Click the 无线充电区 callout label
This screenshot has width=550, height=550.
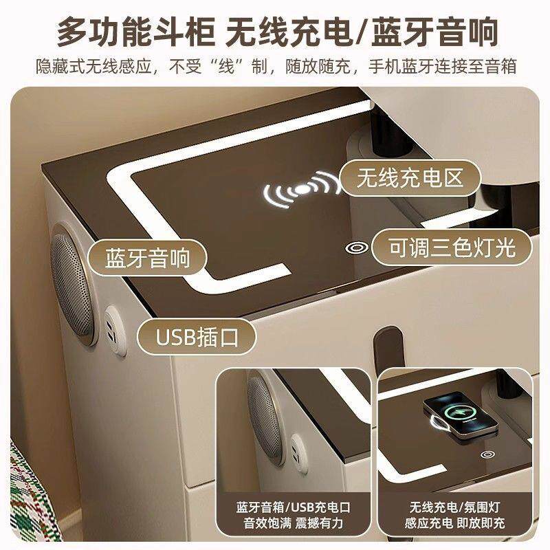pyautogui.click(x=410, y=178)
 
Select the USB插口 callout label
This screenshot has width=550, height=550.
pyautogui.click(x=197, y=337)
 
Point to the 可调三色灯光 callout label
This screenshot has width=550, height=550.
pyautogui.click(x=452, y=247)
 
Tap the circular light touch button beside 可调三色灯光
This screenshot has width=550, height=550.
pyautogui.click(x=356, y=248)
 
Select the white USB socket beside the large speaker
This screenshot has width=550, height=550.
pyautogui.click(x=115, y=331)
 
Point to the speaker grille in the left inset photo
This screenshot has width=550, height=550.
pyautogui.click(x=265, y=417)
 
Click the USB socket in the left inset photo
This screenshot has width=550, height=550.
pyautogui.click(x=299, y=454)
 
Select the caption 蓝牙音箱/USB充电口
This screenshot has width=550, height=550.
pyautogui.click(x=294, y=507)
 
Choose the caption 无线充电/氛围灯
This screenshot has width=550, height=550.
pyautogui.click(x=455, y=507)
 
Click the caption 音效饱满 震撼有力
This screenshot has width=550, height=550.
pyautogui.click(x=294, y=523)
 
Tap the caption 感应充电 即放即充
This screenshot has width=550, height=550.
pyautogui.click(x=455, y=523)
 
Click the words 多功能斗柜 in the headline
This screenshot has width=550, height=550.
pyautogui.click(x=135, y=32)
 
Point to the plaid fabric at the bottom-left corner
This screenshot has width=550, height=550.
pyautogui.click(x=32, y=498)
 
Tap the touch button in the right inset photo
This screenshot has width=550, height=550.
pyautogui.click(x=487, y=455)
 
